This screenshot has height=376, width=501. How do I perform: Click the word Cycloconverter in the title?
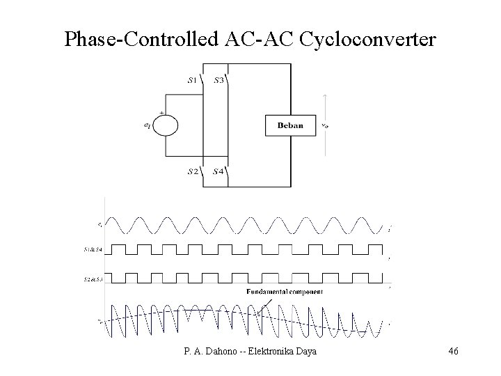coord(369,40)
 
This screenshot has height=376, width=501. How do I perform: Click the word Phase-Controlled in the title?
coord(143,39)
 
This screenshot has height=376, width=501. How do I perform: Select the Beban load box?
coord(290,125)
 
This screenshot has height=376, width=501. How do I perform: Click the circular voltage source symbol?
coord(166,125)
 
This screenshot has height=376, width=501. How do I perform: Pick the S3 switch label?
coord(218,80)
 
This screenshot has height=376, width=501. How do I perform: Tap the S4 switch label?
coord(218,171)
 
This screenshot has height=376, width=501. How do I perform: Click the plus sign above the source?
coord(162,112)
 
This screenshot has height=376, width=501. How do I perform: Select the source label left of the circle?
coord(146,126)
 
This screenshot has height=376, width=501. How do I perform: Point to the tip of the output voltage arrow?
coord(324,95)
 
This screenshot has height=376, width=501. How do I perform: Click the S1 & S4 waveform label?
coord(94,249)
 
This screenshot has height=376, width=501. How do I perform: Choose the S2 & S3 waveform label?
coord(94,279)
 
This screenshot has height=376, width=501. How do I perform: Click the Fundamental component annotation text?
coord(284,292)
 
